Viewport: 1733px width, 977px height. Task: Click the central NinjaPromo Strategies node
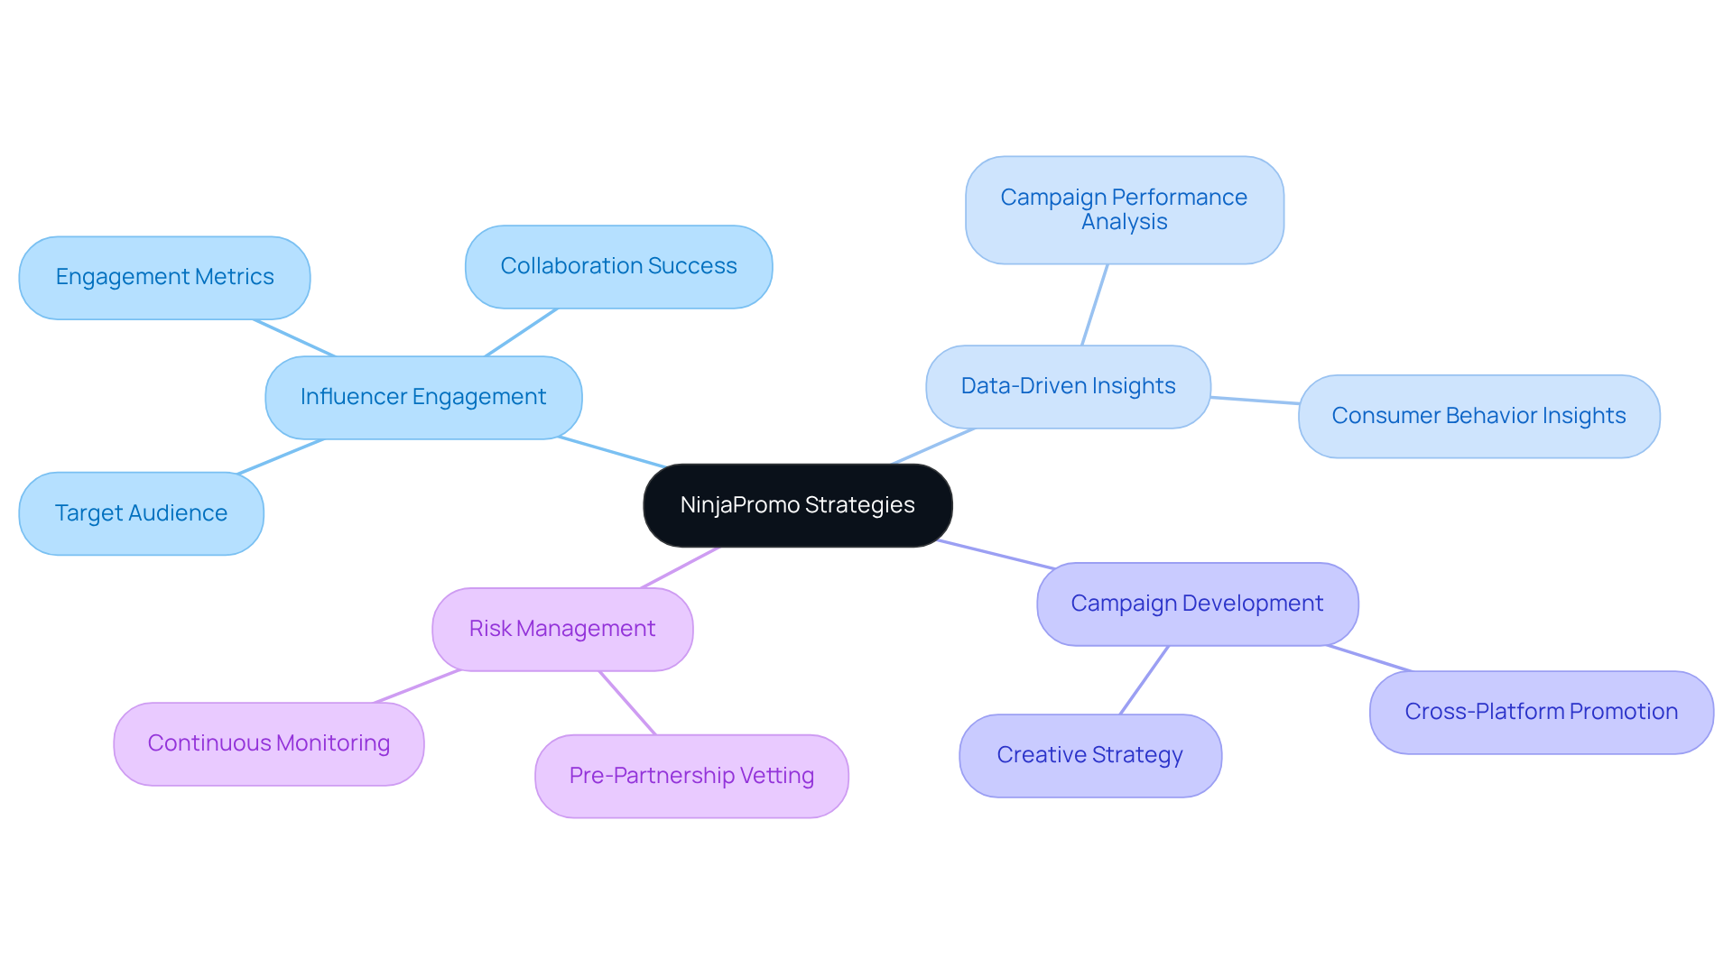click(x=797, y=505)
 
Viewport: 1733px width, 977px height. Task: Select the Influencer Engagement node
click(x=423, y=397)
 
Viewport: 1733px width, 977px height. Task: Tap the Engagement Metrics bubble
click(x=164, y=277)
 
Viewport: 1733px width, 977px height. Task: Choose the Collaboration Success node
click(x=618, y=266)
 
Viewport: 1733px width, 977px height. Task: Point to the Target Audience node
click(x=141, y=513)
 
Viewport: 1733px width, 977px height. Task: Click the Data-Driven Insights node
click(x=1068, y=386)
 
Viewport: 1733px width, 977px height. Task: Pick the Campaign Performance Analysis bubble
click(x=1124, y=209)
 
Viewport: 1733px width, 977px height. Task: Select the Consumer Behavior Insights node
click(x=1478, y=416)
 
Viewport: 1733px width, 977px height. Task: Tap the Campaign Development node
click(x=1197, y=604)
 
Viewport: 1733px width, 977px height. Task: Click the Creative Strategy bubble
click(x=1089, y=755)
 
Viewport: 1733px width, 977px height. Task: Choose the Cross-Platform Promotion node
click(x=1541, y=712)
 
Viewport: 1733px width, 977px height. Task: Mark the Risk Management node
click(x=562, y=629)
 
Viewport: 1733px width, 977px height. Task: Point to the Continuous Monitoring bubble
click(x=268, y=743)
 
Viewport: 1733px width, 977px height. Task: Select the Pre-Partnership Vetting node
click(x=691, y=776)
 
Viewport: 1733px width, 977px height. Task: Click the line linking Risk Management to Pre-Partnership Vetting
click(x=627, y=703)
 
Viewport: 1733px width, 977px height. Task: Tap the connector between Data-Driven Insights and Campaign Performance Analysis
click(x=1095, y=304)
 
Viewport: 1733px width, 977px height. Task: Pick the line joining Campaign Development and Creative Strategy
click(x=1145, y=680)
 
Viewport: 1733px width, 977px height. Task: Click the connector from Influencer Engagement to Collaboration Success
click(x=521, y=332)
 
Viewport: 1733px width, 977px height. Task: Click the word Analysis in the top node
click(x=1124, y=222)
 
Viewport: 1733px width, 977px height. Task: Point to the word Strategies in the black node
click(x=859, y=505)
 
